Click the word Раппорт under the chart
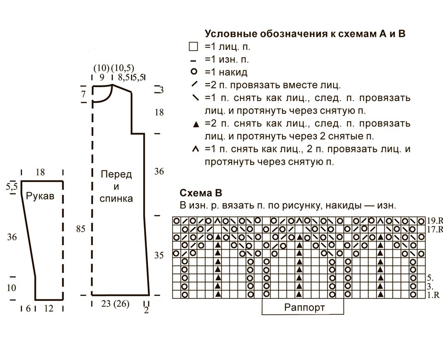pos(304,307)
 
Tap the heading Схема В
pos(201,193)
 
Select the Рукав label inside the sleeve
pos(40,196)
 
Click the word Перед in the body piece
pos(116,174)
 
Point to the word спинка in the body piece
pos(116,198)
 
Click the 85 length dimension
pos(80,228)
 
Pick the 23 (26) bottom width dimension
pos(115,304)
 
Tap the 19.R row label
pos(435,221)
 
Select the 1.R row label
pos(433,295)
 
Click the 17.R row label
pos(435,229)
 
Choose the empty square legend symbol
pos(193,46)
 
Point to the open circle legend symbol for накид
pos(194,72)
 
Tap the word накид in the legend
pos(233,72)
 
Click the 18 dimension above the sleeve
pos(41,172)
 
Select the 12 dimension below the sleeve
pos(48,308)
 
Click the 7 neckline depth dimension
pos(83,94)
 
